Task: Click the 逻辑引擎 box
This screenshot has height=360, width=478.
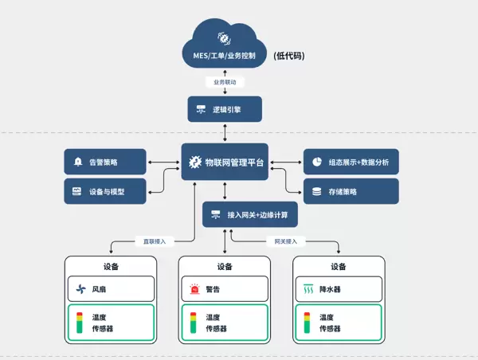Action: click(x=225, y=109)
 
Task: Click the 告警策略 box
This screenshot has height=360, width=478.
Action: click(x=105, y=162)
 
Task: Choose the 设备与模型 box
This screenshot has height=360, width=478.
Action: click(x=105, y=191)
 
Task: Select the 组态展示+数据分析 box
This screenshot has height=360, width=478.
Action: click(x=351, y=162)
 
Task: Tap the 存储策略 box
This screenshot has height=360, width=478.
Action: click(x=351, y=191)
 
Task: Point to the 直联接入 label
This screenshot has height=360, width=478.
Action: click(x=156, y=241)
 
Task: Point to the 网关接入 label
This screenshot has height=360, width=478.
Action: click(x=285, y=241)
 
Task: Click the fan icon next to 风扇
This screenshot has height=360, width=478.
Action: click(x=80, y=289)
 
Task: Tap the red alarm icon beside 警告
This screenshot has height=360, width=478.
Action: click(x=194, y=289)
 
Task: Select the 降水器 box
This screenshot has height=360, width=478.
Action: click(x=339, y=289)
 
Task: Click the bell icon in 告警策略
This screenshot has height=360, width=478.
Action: click(x=78, y=162)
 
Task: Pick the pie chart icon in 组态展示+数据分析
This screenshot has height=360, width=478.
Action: click(x=316, y=162)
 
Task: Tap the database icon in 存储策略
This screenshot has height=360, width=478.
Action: click(x=316, y=191)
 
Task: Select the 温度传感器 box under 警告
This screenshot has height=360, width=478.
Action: click(x=224, y=323)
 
